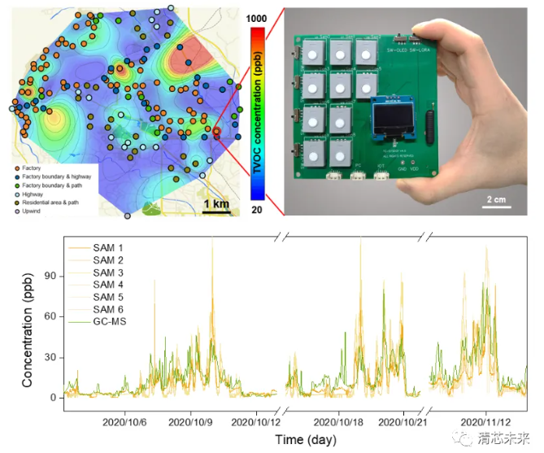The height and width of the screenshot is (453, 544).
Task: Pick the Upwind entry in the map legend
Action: click(34, 211)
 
